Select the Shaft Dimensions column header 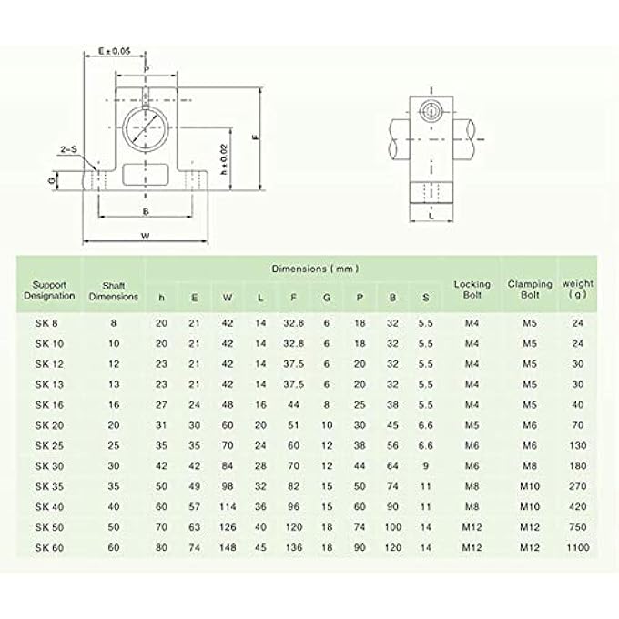pos(114,289)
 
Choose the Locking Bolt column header pos(472,289)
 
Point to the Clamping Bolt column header pos(530,289)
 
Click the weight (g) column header pos(578,289)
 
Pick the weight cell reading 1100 pos(578,547)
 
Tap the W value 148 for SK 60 pos(228,547)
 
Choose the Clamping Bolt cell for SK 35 pos(530,485)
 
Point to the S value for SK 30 pos(425,465)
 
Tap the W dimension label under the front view pos(145,235)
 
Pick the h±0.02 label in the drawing pos(223,160)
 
